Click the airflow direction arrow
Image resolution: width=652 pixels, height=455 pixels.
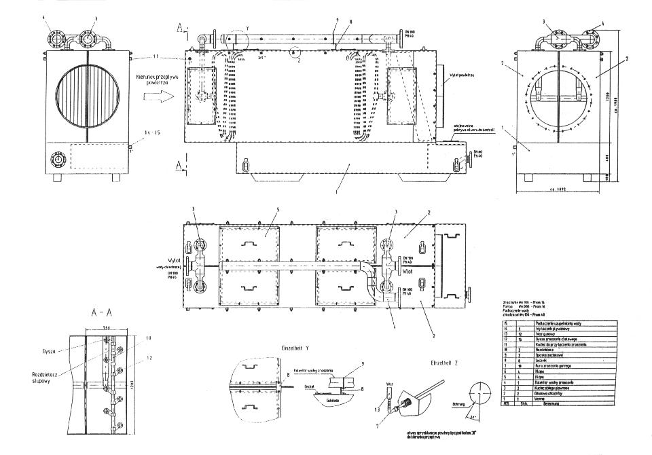pos(153,97)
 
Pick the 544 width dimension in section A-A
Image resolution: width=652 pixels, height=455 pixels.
pos(103,327)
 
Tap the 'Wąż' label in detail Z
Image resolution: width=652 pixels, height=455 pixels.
pos(390,383)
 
